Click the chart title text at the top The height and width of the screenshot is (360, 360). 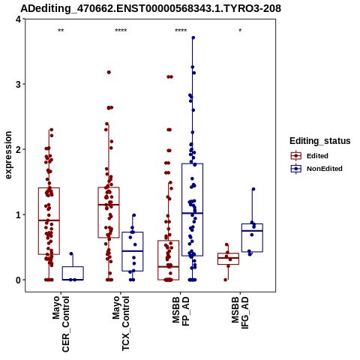151,8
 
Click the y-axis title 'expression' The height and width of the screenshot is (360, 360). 8,155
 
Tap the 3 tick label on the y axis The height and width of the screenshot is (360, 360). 18,84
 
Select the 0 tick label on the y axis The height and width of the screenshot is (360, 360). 18,280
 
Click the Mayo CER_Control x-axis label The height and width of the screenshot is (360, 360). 61,324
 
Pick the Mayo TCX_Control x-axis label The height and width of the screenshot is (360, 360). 121,323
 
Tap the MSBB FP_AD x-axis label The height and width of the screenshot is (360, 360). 181,311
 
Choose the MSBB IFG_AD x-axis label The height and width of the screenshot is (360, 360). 240,313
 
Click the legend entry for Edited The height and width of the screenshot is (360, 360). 310,156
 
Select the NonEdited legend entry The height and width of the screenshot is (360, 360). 316,169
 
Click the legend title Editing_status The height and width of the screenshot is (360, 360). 320,141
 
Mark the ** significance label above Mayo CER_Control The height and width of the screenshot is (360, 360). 61,31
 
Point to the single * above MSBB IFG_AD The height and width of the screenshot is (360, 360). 240,31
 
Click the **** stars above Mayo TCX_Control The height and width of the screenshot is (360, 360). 121,31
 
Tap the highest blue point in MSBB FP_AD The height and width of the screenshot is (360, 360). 193,37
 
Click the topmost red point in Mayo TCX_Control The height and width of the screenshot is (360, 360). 109,72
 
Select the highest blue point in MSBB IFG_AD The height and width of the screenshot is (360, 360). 253,189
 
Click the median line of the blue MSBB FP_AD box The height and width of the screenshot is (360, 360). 192,213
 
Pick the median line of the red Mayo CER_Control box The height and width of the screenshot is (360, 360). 49,220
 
